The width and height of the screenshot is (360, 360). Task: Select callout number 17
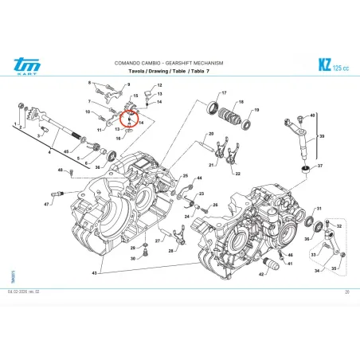pos(224,93)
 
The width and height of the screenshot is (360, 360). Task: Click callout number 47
pos(46,205)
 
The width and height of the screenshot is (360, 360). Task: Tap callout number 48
pos(60,170)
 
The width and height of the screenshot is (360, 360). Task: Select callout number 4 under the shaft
pos(51,152)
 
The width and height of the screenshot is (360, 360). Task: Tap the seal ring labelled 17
pos(215,108)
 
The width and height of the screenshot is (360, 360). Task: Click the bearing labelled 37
pos(306,169)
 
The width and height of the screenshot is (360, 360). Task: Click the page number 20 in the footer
pos(347,294)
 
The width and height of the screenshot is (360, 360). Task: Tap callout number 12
pos(158,85)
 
